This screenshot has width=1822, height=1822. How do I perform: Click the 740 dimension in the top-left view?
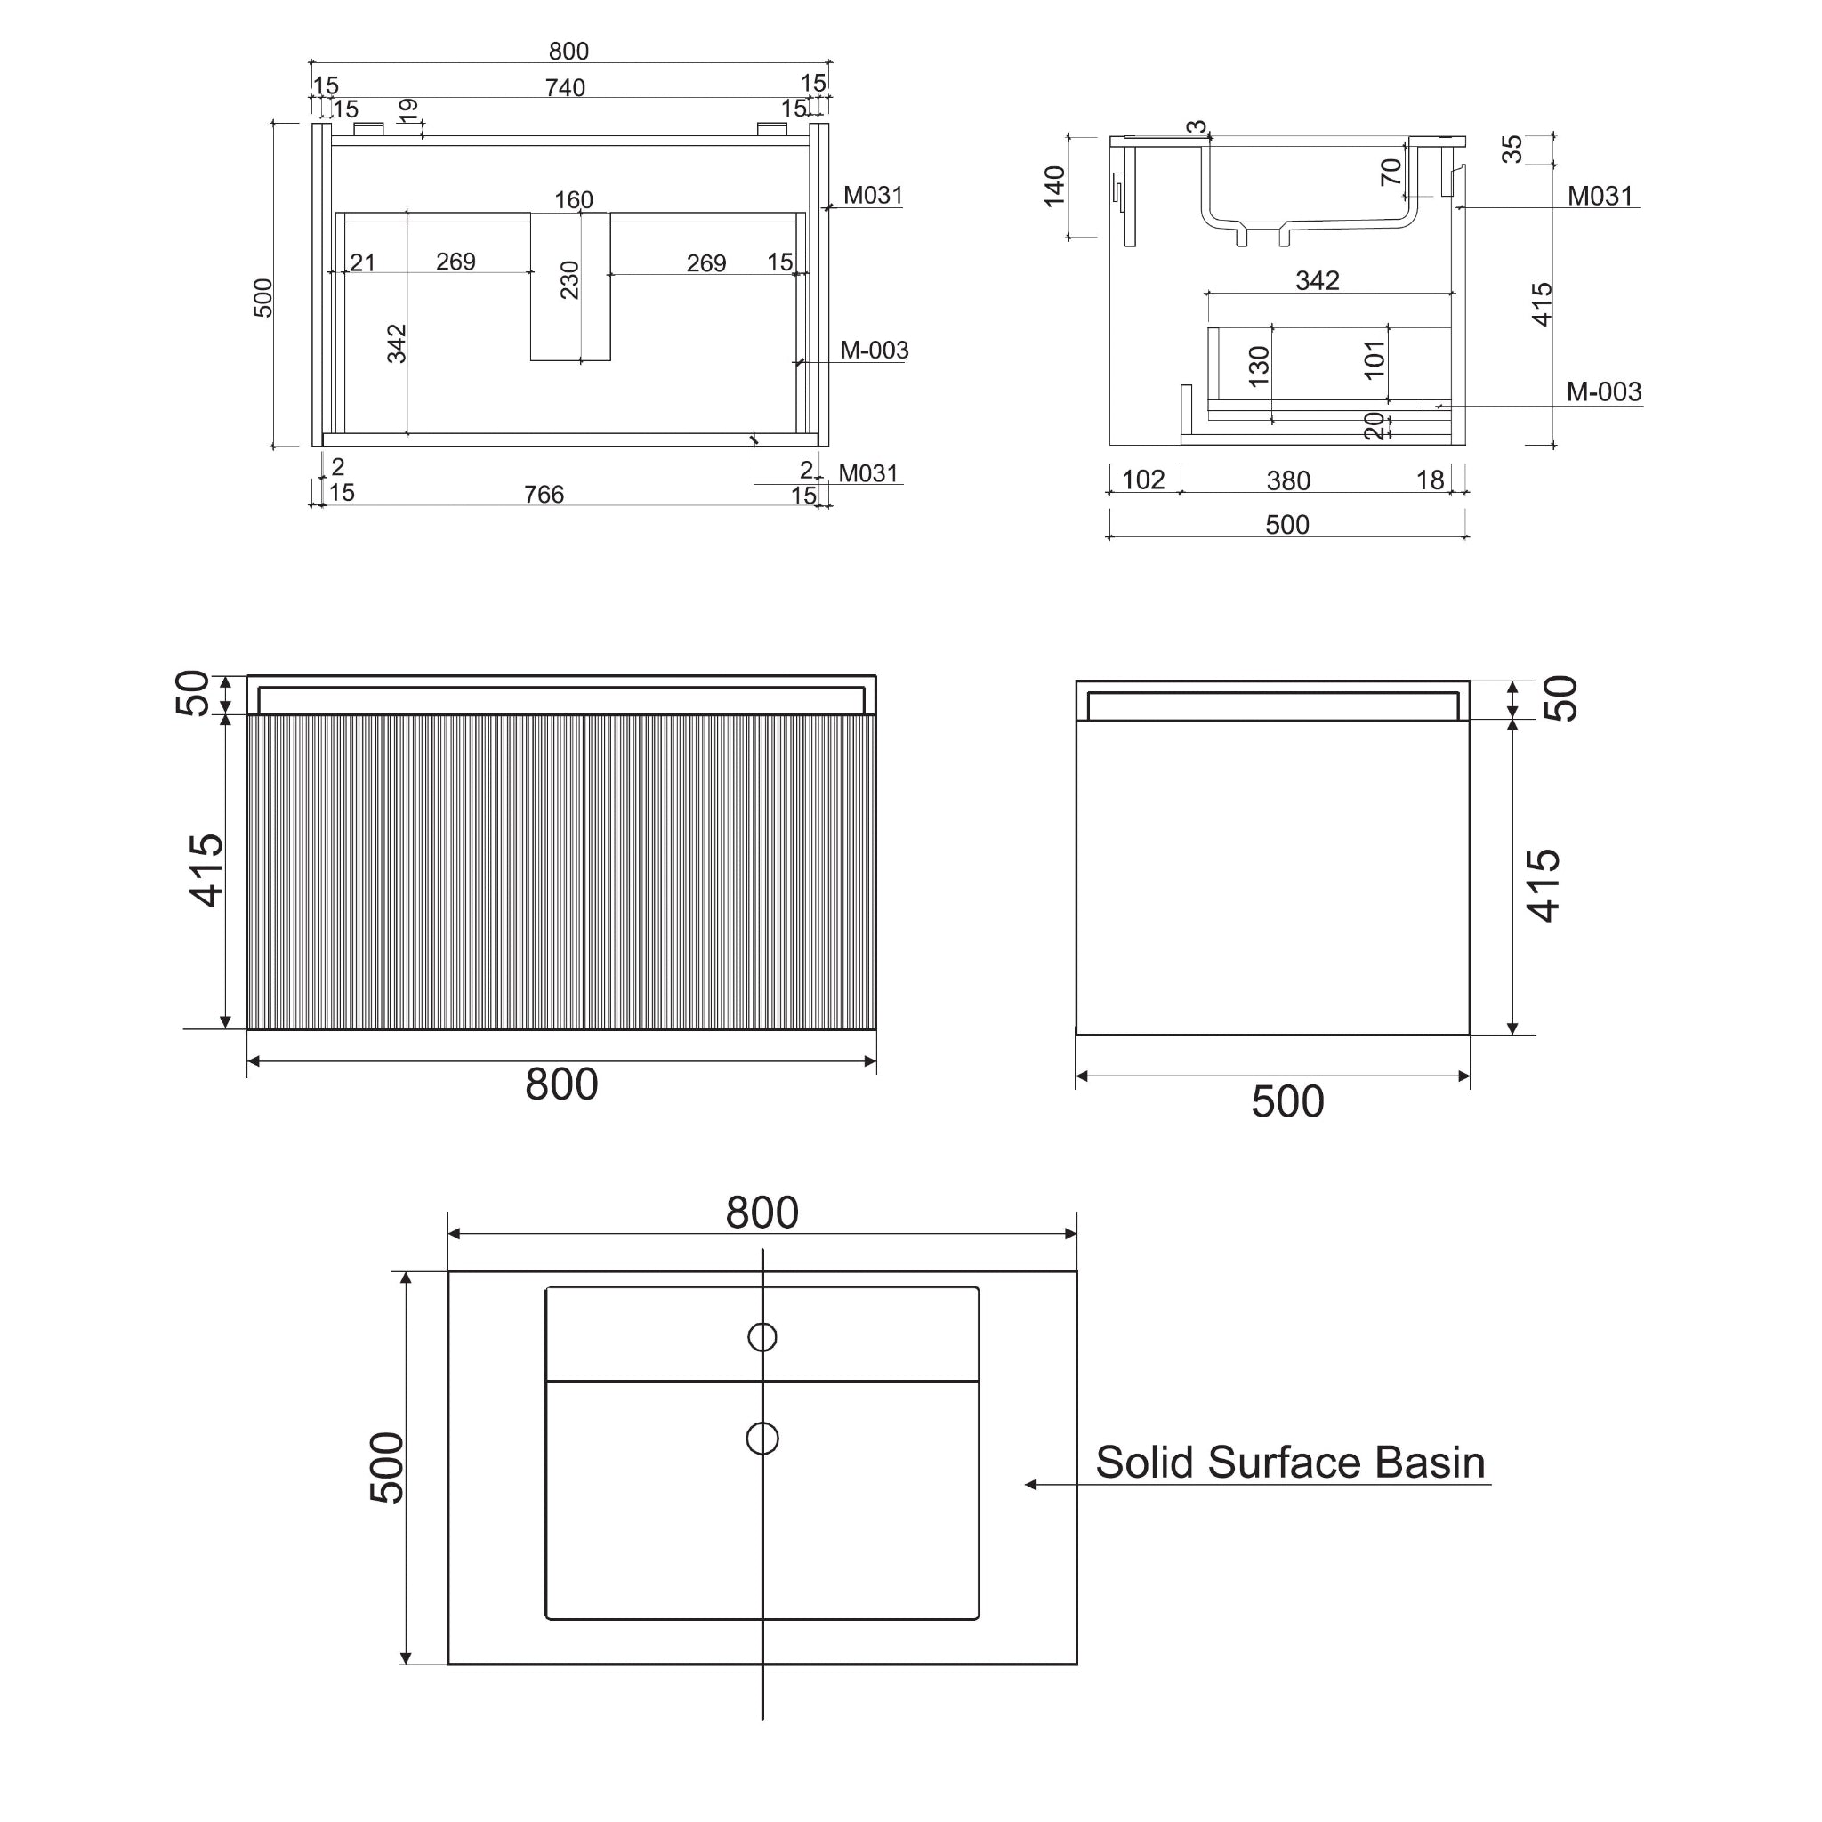pyautogui.click(x=565, y=88)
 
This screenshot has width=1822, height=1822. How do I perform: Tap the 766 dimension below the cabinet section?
pyautogui.click(x=544, y=494)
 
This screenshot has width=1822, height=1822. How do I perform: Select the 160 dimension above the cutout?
pyautogui.click(x=574, y=200)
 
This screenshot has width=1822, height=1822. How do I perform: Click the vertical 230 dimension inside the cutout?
pyautogui.click(x=569, y=280)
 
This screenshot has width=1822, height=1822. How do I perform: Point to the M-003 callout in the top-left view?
pyautogui.click(x=875, y=350)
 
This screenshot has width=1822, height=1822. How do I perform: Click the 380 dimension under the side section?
pyautogui.click(x=1288, y=481)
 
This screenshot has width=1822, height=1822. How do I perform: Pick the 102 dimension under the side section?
pyautogui.click(x=1143, y=480)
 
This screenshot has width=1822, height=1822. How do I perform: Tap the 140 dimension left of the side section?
pyautogui.click(x=1055, y=186)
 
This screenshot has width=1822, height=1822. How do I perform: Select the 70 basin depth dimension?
pyautogui.click(x=1391, y=172)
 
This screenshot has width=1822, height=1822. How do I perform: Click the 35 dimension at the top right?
pyautogui.click(x=1512, y=149)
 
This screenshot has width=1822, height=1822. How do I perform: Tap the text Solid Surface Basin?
pyautogui.click(x=1289, y=1463)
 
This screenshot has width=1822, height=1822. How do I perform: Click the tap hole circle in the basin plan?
pyautogui.click(x=762, y=1337)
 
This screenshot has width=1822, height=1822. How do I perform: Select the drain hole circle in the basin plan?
pyautogui.click(x=762, y=1439)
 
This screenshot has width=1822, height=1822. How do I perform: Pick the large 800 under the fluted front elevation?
pyautogui.click(x=561, y=1084)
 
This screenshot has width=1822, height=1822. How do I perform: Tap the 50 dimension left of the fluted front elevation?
pyautogui.click(x=193, y=693)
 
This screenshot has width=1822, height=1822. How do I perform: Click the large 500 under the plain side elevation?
pyautogui.click(x=1287, y=1101)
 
